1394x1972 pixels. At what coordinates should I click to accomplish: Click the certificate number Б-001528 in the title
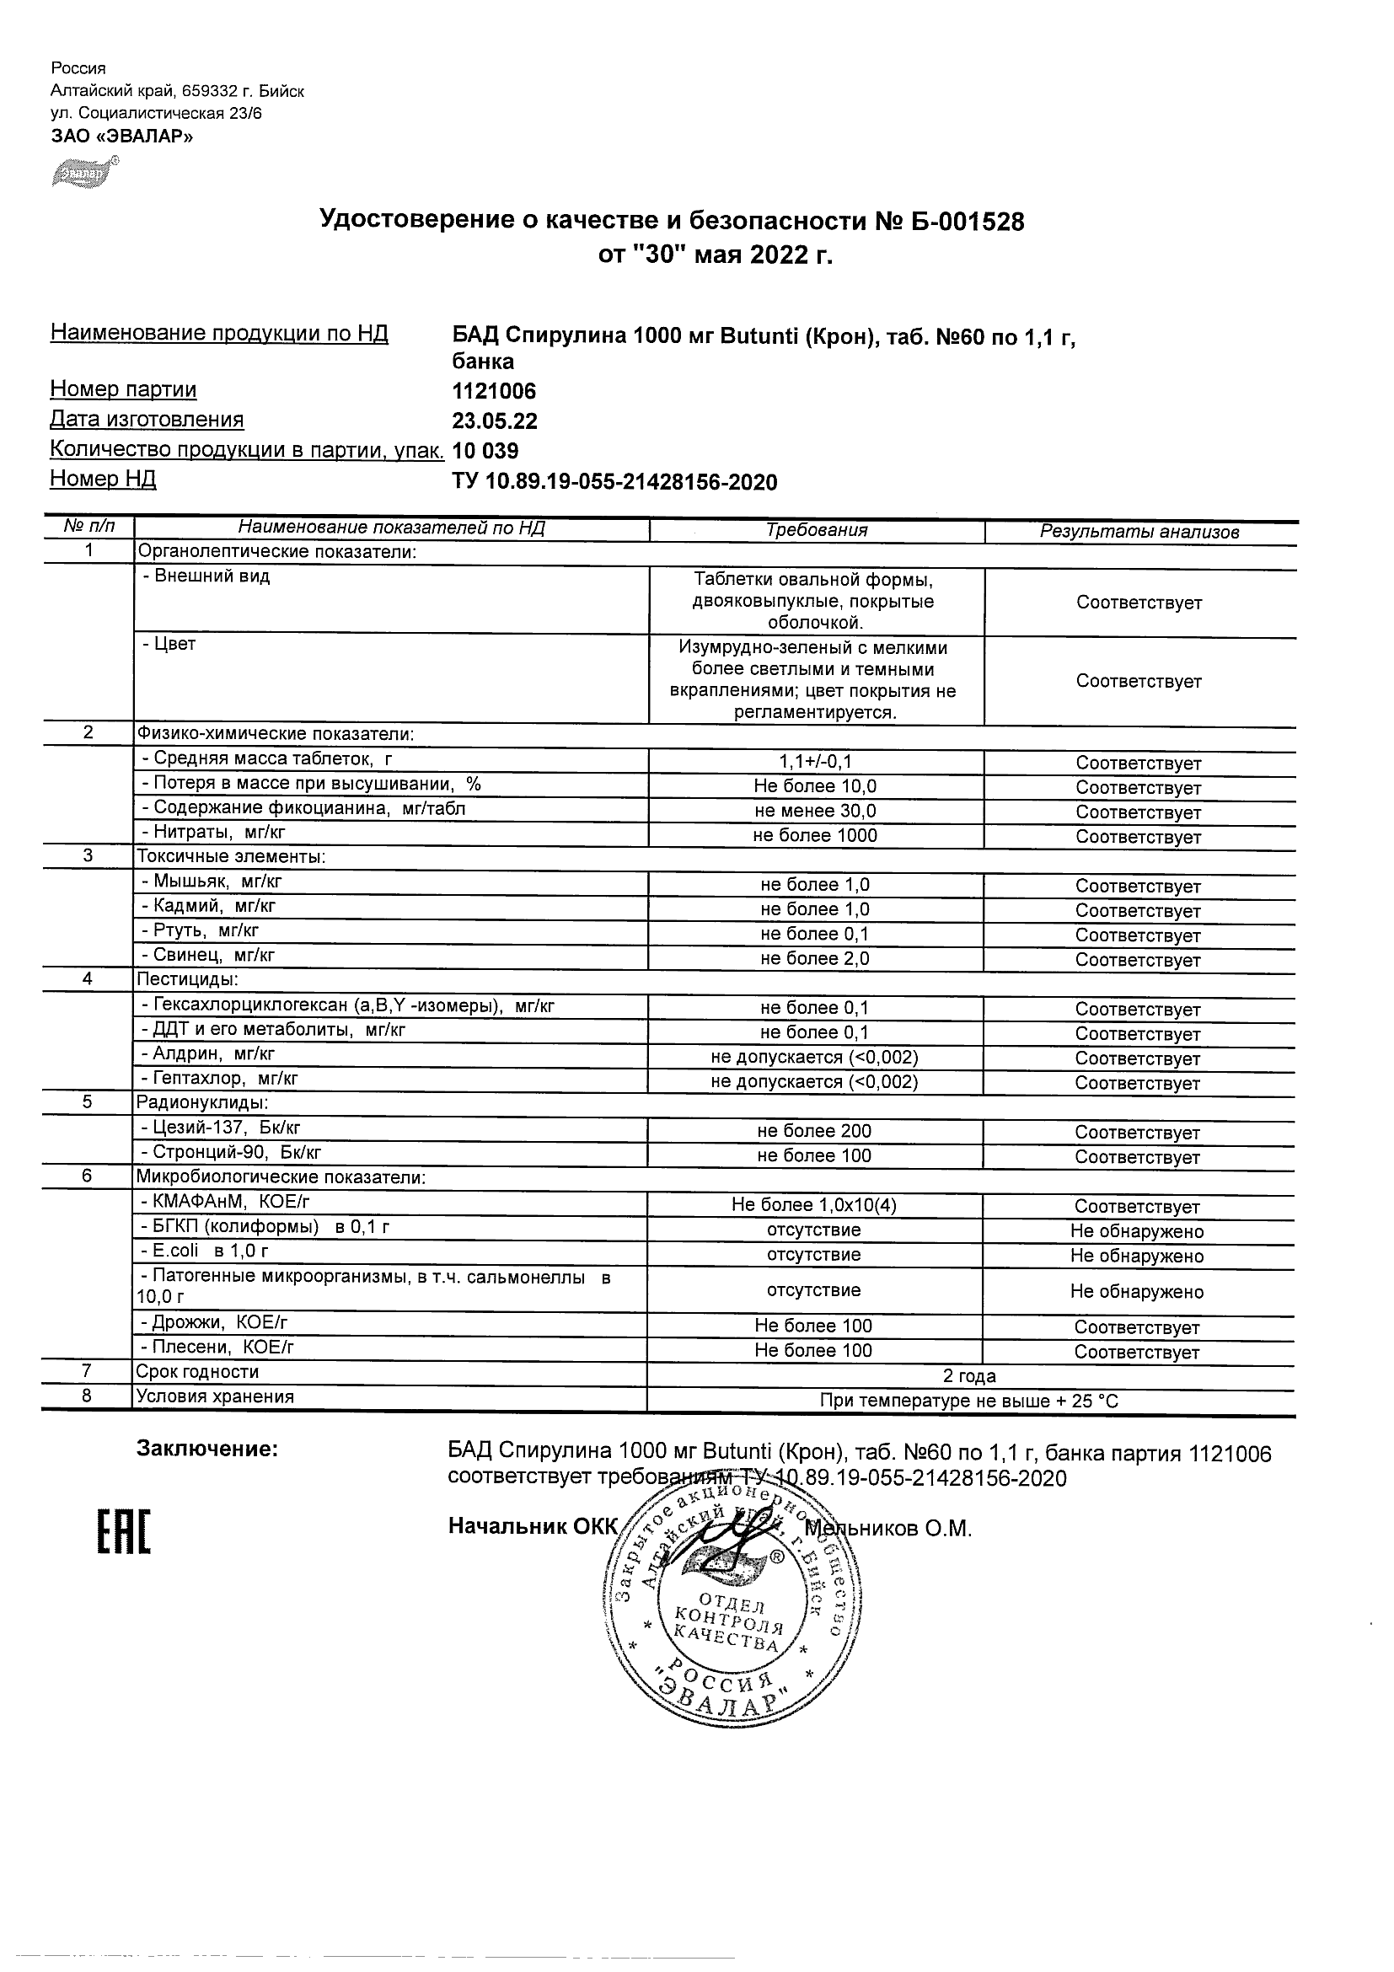point(962,222)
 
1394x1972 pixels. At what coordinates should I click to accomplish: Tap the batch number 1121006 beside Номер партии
point(494,392)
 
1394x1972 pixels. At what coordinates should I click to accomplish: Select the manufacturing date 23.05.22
point(495,421)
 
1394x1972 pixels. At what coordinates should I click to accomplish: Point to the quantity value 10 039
point(485,451)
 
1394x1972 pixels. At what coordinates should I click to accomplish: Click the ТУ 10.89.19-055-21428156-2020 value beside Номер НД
point(614,482)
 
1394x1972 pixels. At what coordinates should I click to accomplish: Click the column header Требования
point(816,530)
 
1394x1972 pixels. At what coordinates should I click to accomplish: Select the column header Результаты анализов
point(1139,532)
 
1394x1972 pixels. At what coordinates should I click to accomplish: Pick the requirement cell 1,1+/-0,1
point(815,762)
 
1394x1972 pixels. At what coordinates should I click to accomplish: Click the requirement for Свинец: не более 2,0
point(814,958)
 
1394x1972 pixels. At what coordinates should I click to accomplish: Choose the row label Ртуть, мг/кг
point(199,930)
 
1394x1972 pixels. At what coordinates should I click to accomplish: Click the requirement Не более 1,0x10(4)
point(813,1205)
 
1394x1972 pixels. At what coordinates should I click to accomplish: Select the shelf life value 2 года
point(969,1376)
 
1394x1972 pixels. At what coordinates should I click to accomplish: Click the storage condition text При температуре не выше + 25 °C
point(969,1401)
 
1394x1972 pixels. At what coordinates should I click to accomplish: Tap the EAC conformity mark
point(123,1533)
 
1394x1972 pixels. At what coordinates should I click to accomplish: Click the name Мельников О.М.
point(888,1529)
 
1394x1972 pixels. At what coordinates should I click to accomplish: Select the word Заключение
point(207,1450)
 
